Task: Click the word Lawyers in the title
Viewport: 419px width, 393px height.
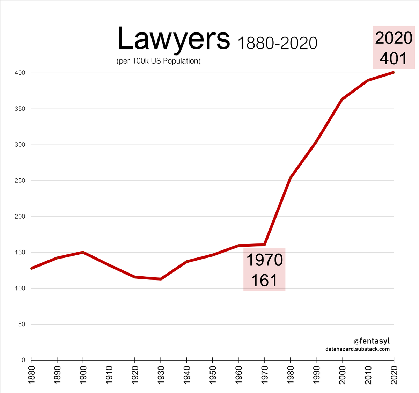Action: click(174, 39)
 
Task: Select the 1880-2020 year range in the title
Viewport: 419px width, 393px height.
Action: click(278, 43)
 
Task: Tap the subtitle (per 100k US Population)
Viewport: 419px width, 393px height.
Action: click(159, 61)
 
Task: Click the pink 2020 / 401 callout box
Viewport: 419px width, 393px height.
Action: click(394, 48)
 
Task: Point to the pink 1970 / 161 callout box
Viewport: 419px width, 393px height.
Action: click(264, 269)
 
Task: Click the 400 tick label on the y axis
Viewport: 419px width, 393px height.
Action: click(20, 73)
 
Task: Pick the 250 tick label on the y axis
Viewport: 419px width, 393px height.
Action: click(20, 181)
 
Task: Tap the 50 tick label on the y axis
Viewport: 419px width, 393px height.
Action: click(22, 324)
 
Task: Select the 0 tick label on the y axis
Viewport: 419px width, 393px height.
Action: click(23, 360)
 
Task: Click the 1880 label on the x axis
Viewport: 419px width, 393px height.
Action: click(31, 375)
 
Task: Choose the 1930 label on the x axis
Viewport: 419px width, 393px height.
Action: click(161, 375)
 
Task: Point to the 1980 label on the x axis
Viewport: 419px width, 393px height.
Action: click(290, 375)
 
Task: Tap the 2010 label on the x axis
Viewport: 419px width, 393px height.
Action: click(368, 375)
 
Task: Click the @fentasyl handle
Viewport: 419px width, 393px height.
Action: click(372, 341)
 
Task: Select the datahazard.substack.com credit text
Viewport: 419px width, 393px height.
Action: click(358, 349)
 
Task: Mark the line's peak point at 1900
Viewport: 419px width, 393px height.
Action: click(83, 252)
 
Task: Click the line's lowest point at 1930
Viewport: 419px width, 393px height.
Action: click(161, 279)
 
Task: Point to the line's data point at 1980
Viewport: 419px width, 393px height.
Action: click(290, 178)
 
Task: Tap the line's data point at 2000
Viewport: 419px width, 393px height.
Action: click(342, 99)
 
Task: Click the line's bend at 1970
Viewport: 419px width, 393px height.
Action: click(264, 245)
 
